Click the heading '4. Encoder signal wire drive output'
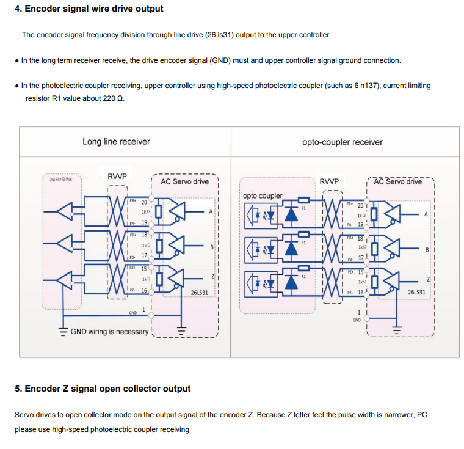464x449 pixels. pyautogui.click(x=89, y=9)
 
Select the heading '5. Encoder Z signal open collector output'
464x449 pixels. pyautogui.click(x=103, y=389)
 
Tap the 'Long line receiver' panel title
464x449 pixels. pyautogui.click(x=116, y=142)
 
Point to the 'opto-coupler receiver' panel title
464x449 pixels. pyautogui.click(x=343, y=142)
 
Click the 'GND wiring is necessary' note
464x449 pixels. pyautogui.click(x=109, y=332)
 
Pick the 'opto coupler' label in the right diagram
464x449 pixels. pyautogui.click(x=263, y=195)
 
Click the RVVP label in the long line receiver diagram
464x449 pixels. pyautogui.click(x=117, y=177)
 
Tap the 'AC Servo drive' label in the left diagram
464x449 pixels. pyautogui.click(x=184, y=181)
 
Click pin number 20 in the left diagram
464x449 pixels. pyautogui.click(x=145, y=202)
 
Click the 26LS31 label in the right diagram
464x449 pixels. pyautogui.click(x=416, y=293)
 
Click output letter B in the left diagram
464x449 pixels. pyautogui.click(x=211, y=247)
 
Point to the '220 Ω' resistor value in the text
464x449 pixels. pyautogui.click(x=113, y=98)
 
